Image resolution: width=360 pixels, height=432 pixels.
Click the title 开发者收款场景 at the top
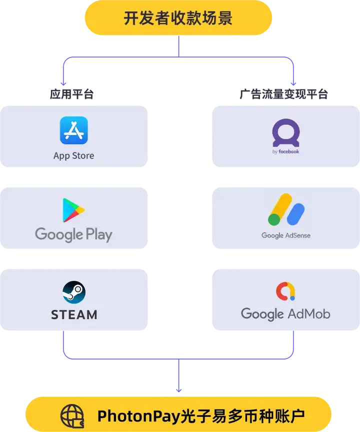[x=178, y=18]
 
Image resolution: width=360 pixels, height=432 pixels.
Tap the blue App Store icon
[x=73, y=130]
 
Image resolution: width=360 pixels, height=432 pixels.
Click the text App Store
[x=73, y=155]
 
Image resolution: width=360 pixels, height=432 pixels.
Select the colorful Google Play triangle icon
[x=73, y=210]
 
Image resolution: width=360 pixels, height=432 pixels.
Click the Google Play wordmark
[x=73, y=234]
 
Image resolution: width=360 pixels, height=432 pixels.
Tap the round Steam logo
[x=74, y=292]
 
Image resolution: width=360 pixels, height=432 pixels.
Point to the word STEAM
[x=74, y=314]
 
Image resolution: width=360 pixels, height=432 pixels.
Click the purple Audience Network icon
[x=285, y=132]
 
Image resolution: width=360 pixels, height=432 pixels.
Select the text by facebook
[x=286, y=151]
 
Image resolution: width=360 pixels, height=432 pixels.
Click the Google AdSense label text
[x=286, y=235]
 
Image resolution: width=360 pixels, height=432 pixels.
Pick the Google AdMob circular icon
[x=285, y=291]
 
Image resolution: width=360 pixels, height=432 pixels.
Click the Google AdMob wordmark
[x=285, y=314]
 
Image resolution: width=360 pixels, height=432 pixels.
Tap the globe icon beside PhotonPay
[x=73, y=415]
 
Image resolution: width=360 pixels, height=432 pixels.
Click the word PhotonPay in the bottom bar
[x=130, y=415]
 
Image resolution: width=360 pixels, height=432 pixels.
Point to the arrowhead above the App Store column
[x=62, y=83]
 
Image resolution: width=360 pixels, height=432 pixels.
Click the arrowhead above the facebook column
[x=294, y=83]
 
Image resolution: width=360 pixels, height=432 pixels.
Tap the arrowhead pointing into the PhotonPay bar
[x=178, y=390]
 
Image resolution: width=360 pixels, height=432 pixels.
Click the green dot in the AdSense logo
[x=274, y=219]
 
